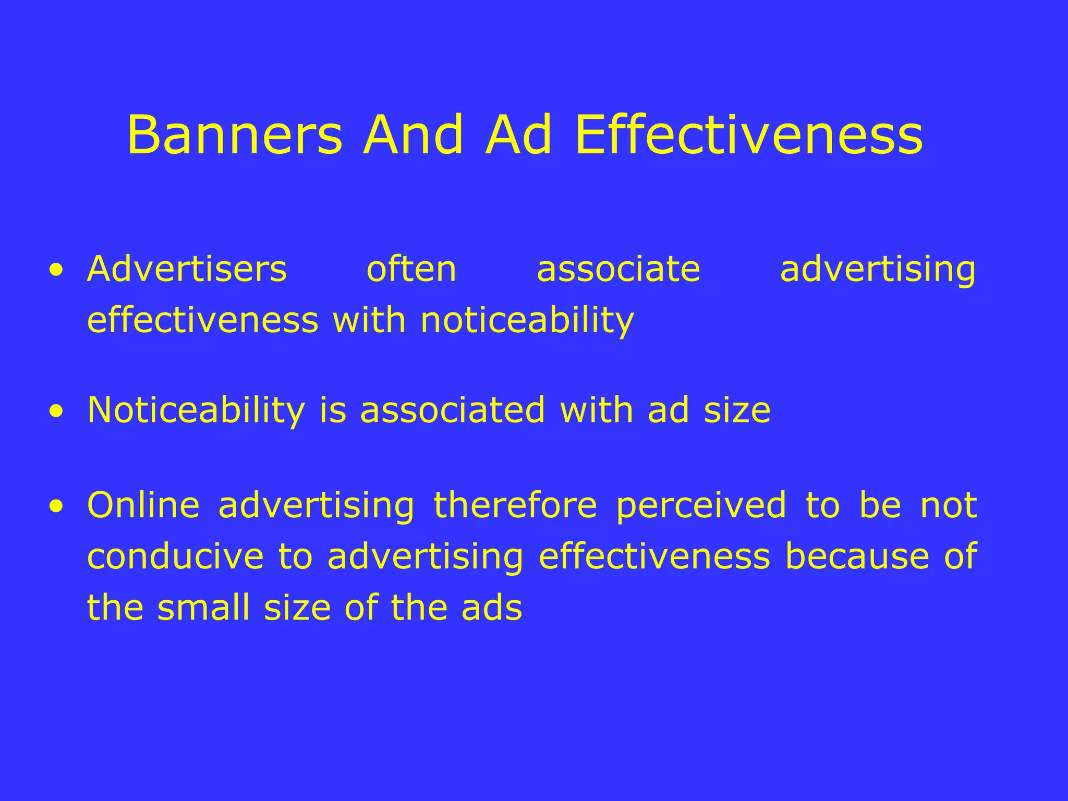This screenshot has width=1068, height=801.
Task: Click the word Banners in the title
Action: click(235, 136)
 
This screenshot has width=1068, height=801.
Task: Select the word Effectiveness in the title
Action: click(749, 136)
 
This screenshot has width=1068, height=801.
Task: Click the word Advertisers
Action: click(187, 269)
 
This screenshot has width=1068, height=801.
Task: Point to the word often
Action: click(411, 269)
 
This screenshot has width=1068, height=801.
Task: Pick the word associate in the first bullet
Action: click(618, 269)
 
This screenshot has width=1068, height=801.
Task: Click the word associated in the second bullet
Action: click(453, 410)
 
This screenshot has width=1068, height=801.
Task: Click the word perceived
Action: click(701, 506)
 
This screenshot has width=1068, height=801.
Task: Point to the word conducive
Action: click(176, 556)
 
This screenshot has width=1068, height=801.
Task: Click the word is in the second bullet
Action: click(333, 410)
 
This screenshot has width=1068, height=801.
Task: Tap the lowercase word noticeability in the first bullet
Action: click(527, 320)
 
